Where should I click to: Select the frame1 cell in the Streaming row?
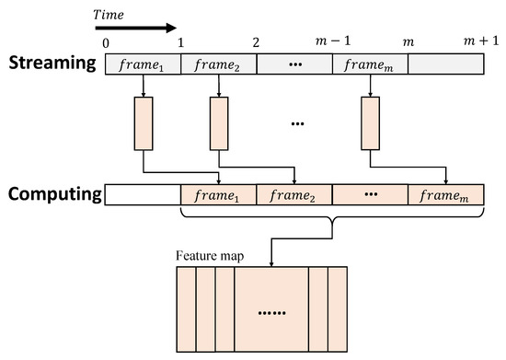point(144,64)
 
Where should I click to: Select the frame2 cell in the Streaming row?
point(219,64)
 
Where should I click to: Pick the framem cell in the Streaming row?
point(369,64)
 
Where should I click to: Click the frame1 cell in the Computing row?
point(218,195)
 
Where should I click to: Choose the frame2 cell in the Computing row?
point(293,195)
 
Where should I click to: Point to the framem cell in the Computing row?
point(444,195)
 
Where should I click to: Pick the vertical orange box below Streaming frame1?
point(144,122)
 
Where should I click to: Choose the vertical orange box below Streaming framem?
point(369,122)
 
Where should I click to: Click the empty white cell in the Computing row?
point(144,195)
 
